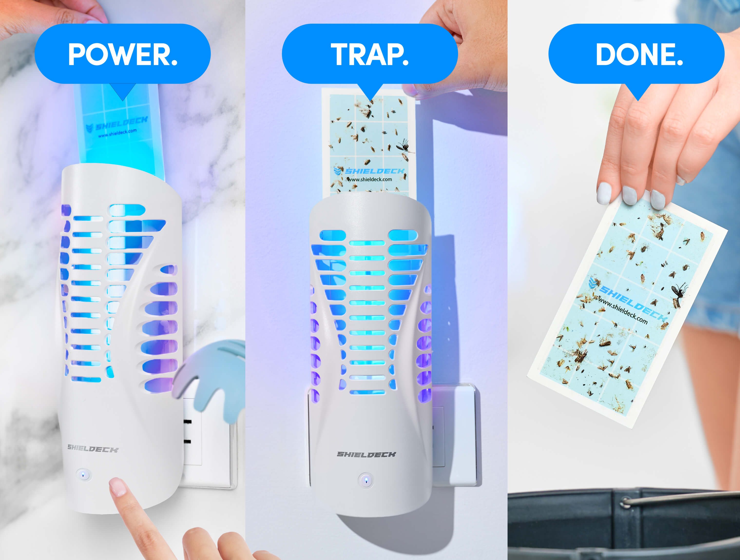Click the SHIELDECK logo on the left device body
(x=93, y=449)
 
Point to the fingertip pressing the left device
(x=118, y=487)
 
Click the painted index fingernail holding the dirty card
(x=629, y=196)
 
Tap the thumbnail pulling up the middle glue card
(x=410, y=91)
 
